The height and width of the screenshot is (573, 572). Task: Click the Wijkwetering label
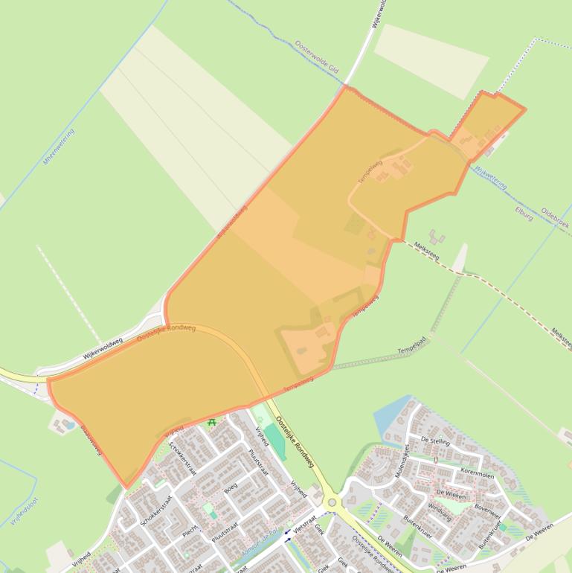tap(490, 177)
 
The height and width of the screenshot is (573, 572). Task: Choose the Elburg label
tap(524, 209)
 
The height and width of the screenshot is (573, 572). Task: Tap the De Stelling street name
tap(435, 441)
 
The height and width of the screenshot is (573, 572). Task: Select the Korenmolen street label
tap(477, 473)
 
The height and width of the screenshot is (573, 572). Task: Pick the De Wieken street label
tap(450, 493)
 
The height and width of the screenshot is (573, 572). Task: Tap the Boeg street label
tap(231, 488)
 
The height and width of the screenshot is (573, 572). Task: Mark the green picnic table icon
tap(212, 423)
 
